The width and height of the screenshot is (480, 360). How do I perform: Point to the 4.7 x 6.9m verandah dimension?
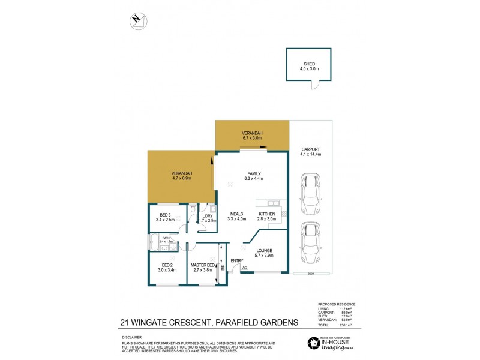(x=181, y=178)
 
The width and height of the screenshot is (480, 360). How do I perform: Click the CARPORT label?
(x=310, y=149)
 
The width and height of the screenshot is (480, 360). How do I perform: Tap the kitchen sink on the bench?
(x=272, y=202)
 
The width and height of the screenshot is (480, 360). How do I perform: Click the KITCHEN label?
(x=267, y=214)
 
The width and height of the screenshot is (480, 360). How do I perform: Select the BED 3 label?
(x=166, y=215)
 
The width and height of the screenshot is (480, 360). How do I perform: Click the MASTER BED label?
(x=203, y=265)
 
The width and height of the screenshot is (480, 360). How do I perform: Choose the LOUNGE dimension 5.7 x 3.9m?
(x=264, y=256)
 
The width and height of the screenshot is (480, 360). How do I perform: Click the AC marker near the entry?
(x=245, y=268)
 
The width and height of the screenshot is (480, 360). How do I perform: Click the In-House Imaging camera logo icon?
(x=313, y=343)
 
